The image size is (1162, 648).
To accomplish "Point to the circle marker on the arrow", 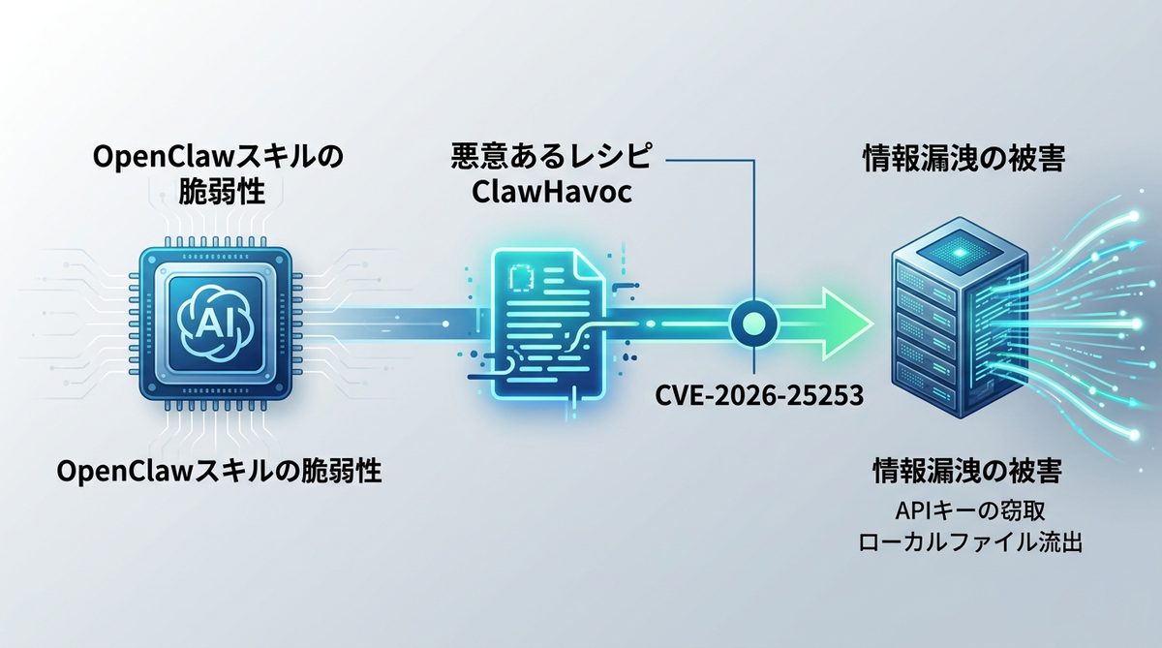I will [x=749, y=320].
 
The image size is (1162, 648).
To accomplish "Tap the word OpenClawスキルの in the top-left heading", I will [x=218, y=156].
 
